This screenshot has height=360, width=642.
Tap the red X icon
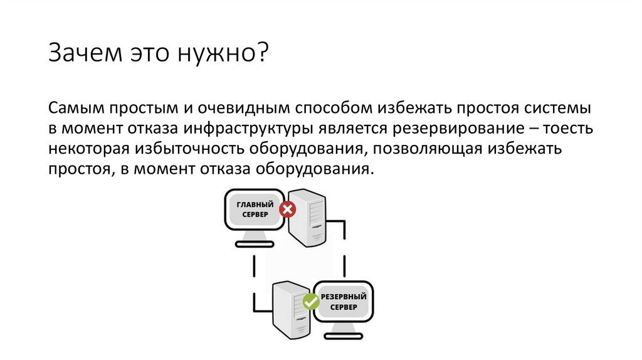coord(287,209)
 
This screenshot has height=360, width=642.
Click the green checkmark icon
coord(311,302)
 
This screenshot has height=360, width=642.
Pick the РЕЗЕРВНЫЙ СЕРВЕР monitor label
coord(342,302)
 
